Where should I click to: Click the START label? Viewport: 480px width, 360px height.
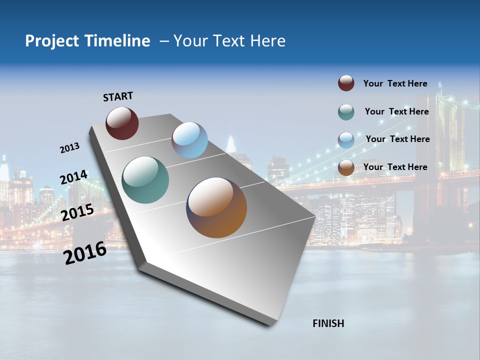[118, 96]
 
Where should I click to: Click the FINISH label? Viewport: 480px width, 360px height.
[328, 323]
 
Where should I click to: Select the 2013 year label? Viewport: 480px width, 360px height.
[69, 148]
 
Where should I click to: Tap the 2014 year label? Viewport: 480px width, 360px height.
[73, 177]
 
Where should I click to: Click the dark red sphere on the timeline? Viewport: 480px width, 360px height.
[122, 123]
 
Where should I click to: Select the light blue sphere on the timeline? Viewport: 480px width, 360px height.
[189, 140]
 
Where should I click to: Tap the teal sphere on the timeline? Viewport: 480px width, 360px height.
[145, 180]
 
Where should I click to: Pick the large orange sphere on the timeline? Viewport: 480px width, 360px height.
[216, 207]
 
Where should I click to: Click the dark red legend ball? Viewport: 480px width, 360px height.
[346, 83]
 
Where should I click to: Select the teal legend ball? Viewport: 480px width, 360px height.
[346, 112]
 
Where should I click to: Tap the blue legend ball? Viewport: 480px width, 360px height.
[346, 140]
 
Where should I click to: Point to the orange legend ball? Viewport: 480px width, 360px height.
[346, 168]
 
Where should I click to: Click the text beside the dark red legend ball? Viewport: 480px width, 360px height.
[395, 83]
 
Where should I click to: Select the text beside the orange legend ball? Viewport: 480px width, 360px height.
[395, 167]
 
